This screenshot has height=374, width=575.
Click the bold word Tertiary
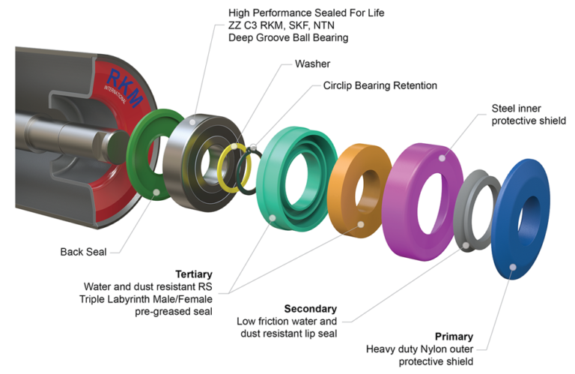click(193, 274)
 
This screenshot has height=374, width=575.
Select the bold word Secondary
click(310, 309)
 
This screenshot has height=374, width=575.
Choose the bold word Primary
click(454, 337)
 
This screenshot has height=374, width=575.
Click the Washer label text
click(312, 64)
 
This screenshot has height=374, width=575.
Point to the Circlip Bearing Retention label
click(380, 86)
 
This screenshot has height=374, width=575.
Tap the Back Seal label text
click(82, 252)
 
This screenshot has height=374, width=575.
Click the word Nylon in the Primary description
click(439, 349)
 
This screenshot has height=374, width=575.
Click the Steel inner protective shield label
click(529, 115)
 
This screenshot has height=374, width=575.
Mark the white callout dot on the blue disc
click(511, 265)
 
